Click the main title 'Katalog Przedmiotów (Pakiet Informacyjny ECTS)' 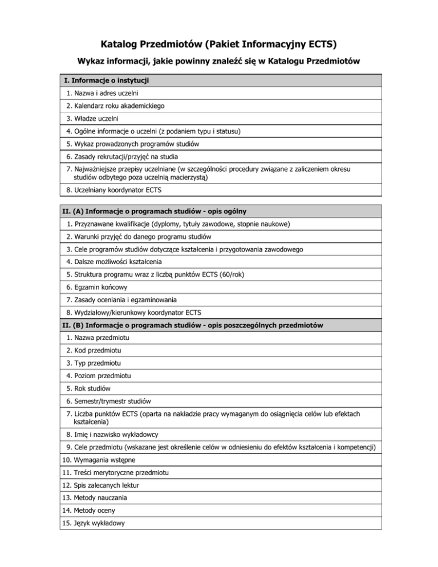[219, 44]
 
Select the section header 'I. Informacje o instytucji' [109, 80]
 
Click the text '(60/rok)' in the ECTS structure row [227, 274]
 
